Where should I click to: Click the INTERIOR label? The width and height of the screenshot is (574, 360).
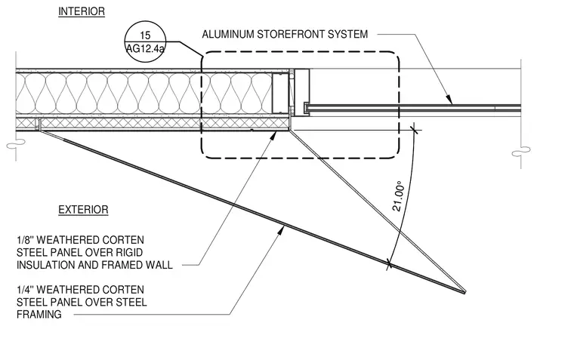pyautogui.click(x=82, y=11)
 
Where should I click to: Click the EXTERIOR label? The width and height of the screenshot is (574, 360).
pyautogui.click(x=84, y=210)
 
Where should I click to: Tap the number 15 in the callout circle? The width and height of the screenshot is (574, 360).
pyautogui.click(x=145, y=35)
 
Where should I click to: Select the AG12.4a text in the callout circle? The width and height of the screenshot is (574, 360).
pyautogui.click(x=145, y=48)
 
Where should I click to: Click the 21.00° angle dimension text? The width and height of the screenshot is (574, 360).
pyautogui.click(x=398, y=196)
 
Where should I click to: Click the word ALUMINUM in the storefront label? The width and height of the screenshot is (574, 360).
pyautogui.click(x=227, y=35)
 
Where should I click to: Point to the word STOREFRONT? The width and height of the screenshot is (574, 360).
pyautogui.click(x=291, y=35)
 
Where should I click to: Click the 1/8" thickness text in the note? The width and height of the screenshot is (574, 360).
pyautogui.click(x=25, y=240)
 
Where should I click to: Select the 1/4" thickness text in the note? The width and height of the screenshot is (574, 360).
pyautogui.click(x=25, y=290)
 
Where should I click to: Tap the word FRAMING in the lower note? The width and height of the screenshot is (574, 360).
pyautogui.click(x=39, y=314)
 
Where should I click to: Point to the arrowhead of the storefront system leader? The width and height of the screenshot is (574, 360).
pyautogui.click(x=449, y=100)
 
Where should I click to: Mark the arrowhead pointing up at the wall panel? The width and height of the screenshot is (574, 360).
pyautogui.click(x=273, y=136)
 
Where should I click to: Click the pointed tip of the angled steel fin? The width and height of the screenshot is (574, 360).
pyautogui.click(x=465, y=292)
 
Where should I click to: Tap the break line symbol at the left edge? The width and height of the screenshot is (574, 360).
pyautogui.click(x=16, y=145)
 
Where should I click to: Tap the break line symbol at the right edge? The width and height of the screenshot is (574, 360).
pyautogui.click(x=521, y=151)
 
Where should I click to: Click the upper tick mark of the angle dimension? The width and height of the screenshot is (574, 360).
pyautogui.click(x=414, y=129)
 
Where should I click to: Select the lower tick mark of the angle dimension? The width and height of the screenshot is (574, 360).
pyautogui.click(x=389, y=263)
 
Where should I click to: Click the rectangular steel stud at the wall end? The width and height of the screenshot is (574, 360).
pyautogui.click(x=280, y=93)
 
